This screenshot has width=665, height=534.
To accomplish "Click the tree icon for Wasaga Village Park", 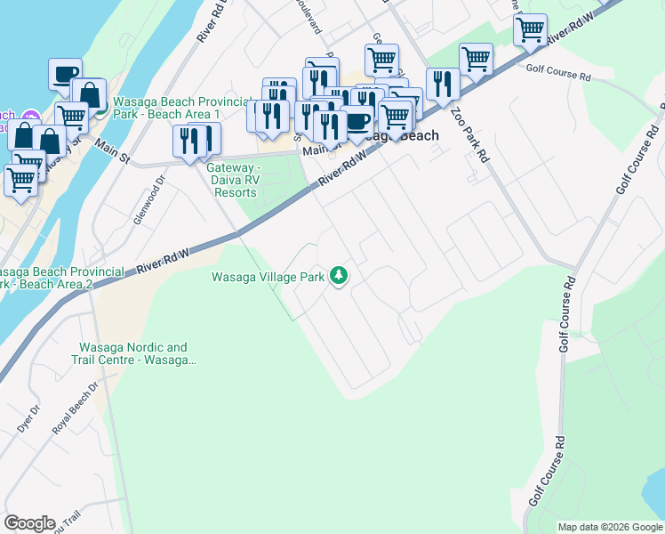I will click(x=338, y=277).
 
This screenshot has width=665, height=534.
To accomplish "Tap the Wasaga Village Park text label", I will click(x=268, y=277).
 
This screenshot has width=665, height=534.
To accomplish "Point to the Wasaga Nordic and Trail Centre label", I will click(x=133, y=353).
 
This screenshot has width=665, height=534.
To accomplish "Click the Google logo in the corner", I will click(x=29, y=523).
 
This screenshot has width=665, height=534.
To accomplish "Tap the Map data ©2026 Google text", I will click(x=610, y=527).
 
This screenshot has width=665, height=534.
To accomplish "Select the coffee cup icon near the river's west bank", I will click(x=65, y=73).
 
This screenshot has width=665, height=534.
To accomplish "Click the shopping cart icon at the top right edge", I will click(x=530, y=28).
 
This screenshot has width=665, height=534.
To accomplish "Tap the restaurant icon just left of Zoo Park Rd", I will click(x=442, y=84).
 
